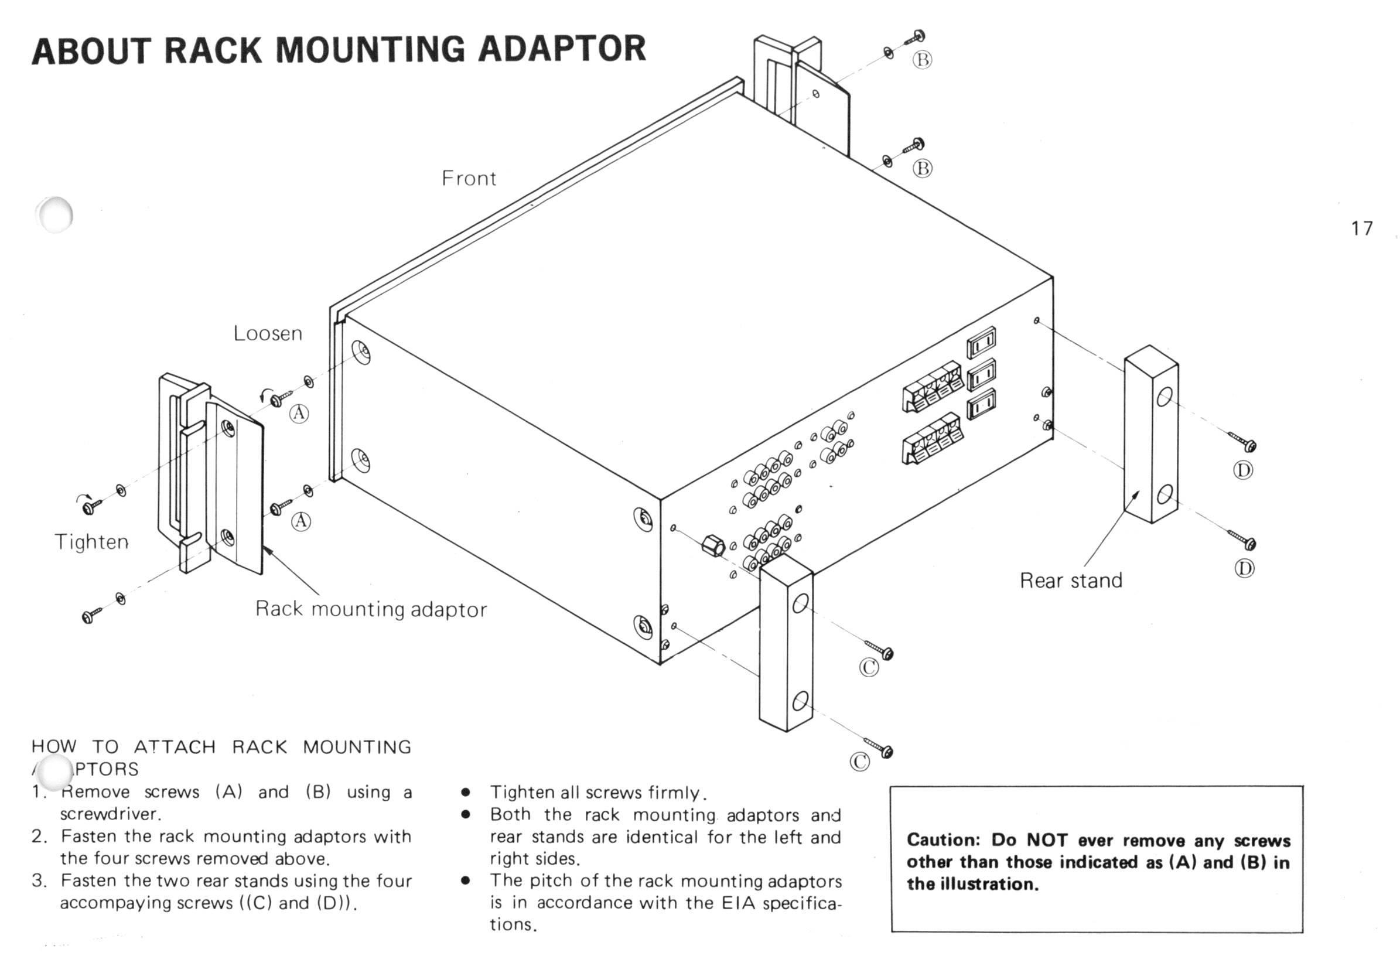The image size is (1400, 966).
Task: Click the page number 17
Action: [1361, 228]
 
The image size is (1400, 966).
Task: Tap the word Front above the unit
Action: [469, 179]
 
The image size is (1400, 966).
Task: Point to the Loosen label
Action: [268, 333]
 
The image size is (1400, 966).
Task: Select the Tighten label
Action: [91, 541]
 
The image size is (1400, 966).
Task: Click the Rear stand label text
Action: [1071, 581]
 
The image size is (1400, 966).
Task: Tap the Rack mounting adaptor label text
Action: [371, 609]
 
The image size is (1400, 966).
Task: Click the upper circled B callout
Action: [922, 60]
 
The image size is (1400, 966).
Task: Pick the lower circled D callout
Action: [1244, 568]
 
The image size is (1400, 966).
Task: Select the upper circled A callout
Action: [299, 414]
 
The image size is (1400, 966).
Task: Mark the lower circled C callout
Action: [860, 762]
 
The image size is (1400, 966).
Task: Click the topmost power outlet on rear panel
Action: [981, 343]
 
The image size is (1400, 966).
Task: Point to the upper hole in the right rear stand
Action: [1164, 397]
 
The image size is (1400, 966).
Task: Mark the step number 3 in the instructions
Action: [38, 880]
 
